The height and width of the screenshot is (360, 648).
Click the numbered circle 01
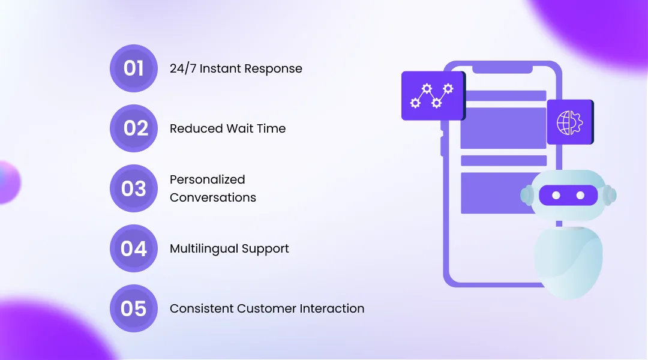click(x=133, y=68)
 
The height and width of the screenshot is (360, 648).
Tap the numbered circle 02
click(x=133, y=128)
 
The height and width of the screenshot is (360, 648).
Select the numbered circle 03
click(x=133, y=188)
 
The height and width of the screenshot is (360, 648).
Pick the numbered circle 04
click(x=133, y=248)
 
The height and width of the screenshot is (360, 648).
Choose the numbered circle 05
click(x=133, y=308)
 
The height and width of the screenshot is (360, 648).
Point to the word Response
click(x=273, y=69)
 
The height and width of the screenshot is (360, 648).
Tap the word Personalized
click(x=207, y=179)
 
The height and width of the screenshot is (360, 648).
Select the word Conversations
click(x=212, y=197)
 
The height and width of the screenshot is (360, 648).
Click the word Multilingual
click(x=203, y=248)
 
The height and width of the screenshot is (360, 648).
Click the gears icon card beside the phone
click(x=433, y=95)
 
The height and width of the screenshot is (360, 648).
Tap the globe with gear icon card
click(x=569, y=122)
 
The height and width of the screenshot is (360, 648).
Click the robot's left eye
click(x=556, y=196)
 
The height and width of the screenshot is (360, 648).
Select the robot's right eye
click(x=580, y=196)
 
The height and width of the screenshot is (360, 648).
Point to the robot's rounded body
click(x=568, y=261)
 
